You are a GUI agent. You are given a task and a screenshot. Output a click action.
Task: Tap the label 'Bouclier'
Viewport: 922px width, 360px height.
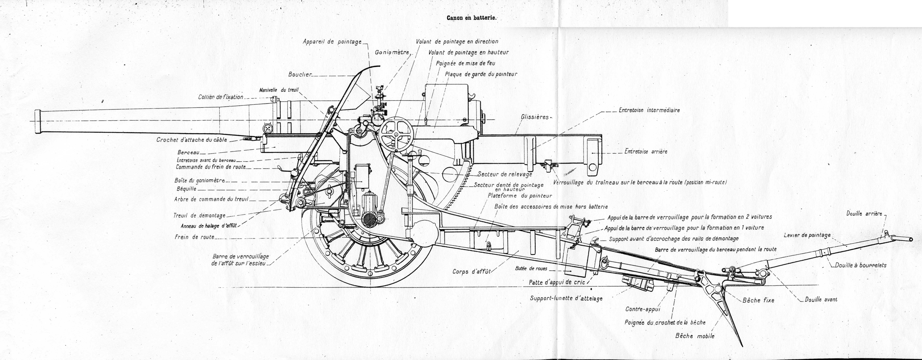pyautogui.click(x=300, y=75)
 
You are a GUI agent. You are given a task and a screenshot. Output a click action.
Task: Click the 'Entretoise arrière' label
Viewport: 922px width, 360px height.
pyautogui.click(x=646, y=151)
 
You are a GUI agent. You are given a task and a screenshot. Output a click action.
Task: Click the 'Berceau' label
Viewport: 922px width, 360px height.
pyautogui.click(x=188, y=153)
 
